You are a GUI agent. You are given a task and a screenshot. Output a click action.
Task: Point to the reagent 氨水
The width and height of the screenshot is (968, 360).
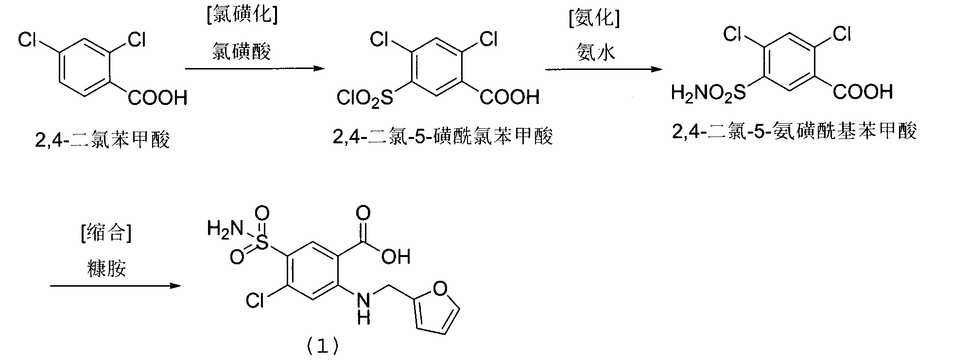pos(596,51)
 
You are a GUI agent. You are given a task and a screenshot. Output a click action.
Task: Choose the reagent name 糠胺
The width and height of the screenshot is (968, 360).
pos(107,267)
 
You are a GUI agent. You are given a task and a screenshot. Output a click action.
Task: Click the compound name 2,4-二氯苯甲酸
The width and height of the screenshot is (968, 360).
pos(103,140)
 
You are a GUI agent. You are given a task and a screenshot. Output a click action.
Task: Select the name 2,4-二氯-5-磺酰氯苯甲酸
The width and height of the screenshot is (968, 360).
pos(443,137)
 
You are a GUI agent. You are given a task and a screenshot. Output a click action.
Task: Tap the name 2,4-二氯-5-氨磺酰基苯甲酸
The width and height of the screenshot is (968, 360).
pos(795,131)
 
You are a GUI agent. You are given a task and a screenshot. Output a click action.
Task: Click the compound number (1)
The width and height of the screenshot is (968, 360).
pos(322,346)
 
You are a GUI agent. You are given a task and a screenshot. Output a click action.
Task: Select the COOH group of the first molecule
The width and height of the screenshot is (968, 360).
pos(157,98)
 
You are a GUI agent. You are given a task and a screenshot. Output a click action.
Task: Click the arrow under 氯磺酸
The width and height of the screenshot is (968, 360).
pos(255,69)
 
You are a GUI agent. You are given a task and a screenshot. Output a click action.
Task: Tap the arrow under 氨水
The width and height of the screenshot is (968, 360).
pos(604,69)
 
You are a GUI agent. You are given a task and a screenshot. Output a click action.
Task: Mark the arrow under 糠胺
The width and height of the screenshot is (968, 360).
pos(115,286)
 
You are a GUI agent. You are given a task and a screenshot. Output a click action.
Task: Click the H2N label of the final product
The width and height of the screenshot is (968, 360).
pos(225,228)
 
